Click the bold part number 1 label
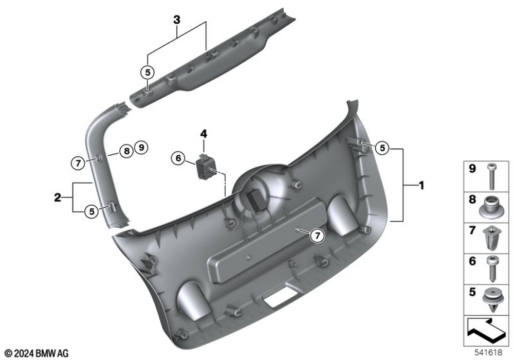pos(421,186)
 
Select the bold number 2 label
pos(58,197)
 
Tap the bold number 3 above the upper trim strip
pos(177,20)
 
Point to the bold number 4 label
pos(204,134)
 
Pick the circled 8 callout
pos(126,151)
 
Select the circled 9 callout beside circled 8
pos(141,147)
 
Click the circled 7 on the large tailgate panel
pos(317,236)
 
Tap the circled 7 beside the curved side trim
pos(78,163)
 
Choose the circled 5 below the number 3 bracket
pos(148,72)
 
